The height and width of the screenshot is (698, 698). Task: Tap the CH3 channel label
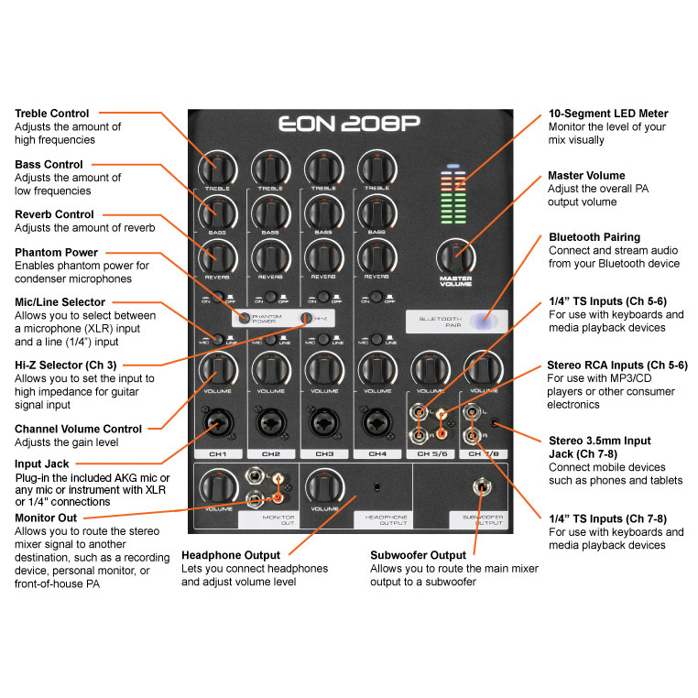(323, 453)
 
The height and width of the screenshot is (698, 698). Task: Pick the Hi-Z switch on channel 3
(306, 318)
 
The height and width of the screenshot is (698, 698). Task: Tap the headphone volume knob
(323, 485)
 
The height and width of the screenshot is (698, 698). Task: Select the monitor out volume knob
(217, 485)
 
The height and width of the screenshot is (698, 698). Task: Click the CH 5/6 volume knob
(429, 368)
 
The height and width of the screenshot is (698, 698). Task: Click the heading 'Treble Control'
(52, 114)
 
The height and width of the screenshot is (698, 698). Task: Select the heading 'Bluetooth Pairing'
(594, 237)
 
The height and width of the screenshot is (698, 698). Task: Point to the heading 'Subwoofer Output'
(418, 555)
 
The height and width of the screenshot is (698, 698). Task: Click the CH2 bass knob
(270, 212)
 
